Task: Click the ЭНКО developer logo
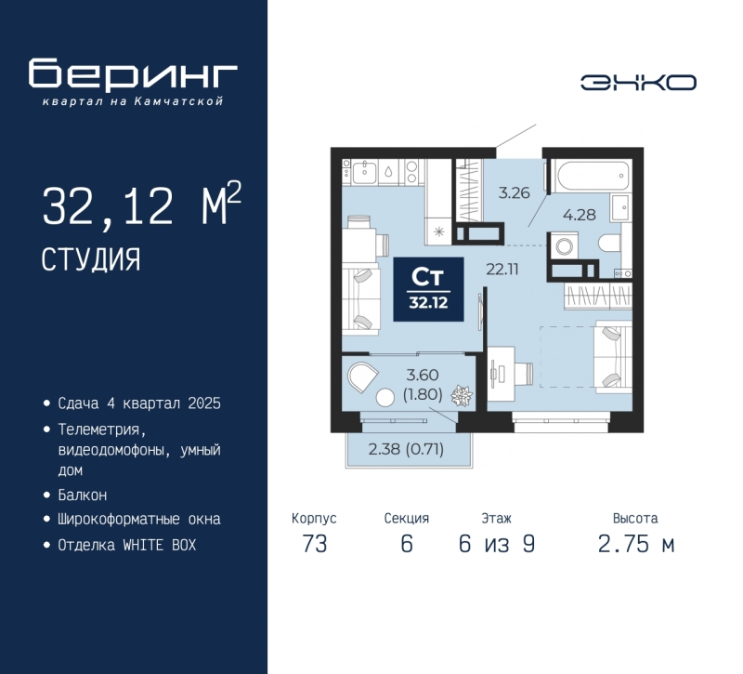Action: [x=638, y=83]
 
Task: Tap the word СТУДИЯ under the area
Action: [x=91, y=259]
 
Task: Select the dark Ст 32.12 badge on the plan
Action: [x=429, y=289]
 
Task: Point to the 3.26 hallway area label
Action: [x=514, y=193]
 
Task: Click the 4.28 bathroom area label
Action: [x=579, y=215]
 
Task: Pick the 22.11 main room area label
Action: [x=502, y=270]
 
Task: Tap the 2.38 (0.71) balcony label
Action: [x=406, y=449]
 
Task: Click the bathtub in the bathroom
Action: [x=594, y=176]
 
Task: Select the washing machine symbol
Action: [x=564, y=245]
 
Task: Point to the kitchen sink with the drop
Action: [x=388, y=171]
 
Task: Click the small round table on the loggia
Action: [x=385, y=398]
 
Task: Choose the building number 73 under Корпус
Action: [x=315, y=544]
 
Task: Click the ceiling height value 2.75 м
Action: [x=636, y=544]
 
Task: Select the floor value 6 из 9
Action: [x=497, y=544]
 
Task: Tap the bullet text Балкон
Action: [x=83, y=496]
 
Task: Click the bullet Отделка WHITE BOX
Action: [x=127, y=545]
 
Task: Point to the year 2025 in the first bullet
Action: [x=204, y=403]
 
